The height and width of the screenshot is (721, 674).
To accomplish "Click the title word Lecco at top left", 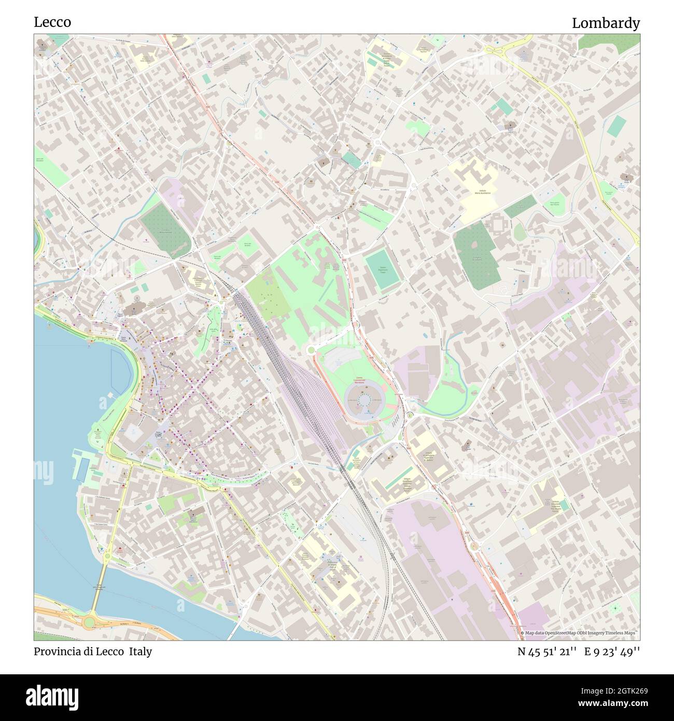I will pos(52,22).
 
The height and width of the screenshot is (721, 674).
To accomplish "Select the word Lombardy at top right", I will pos(606,23).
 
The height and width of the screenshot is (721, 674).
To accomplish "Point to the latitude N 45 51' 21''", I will pos(547,651).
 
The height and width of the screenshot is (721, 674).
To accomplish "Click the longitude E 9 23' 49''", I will pos(612,651).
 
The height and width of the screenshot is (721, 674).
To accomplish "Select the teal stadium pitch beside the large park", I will pos(383,268).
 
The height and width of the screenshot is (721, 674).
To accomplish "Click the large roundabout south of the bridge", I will pos(91,620).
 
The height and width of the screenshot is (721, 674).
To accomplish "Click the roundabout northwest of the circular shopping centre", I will pos(311,350).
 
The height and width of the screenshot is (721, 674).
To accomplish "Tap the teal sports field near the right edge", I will pos(617,126).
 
